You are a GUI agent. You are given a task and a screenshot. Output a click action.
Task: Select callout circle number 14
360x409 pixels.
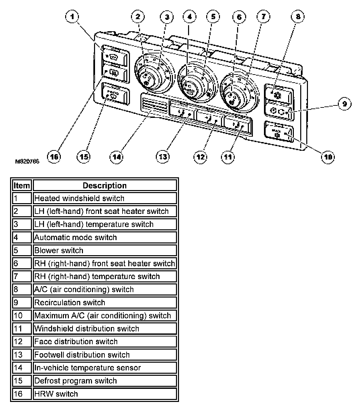pyautogui.click(x=116, y=156)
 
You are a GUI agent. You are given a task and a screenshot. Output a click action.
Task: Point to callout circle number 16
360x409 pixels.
pyautogui.click(x=54, y=156)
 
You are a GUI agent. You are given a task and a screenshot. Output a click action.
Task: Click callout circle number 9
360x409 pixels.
pyautogui.click(x=344, y=104)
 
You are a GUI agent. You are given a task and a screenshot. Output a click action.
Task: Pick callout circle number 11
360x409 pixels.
pyautogui.click(x=229, y=156)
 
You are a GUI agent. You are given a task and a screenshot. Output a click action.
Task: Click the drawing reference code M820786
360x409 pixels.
pyautogui.click(x=27, y=162)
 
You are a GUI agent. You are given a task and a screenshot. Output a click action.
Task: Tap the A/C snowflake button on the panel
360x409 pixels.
pyautogui.click(x=278, y=92)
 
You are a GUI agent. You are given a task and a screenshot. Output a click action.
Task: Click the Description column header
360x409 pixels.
pyautogui.click(x=105, y=185)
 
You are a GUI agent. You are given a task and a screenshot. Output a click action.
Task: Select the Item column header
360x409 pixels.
pyautogui.click(x=22, y=185)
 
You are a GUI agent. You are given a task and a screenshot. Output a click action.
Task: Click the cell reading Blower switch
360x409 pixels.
pyautogui.click(x=105, y=251)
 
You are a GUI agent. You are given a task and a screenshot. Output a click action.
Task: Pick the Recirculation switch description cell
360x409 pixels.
pyautogui.click(x=105, y=303)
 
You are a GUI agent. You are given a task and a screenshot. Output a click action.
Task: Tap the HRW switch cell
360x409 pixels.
pyautogui.click(x=105, y=394)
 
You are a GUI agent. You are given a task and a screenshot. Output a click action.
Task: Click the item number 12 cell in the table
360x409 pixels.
pyautogui.click(x=22, y=342)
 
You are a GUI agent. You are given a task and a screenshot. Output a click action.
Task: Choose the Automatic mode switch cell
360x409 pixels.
pyautogui.click(x=105, y=237)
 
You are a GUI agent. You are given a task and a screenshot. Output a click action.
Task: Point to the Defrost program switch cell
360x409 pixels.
pyautogui.click(x=105, y=381)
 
